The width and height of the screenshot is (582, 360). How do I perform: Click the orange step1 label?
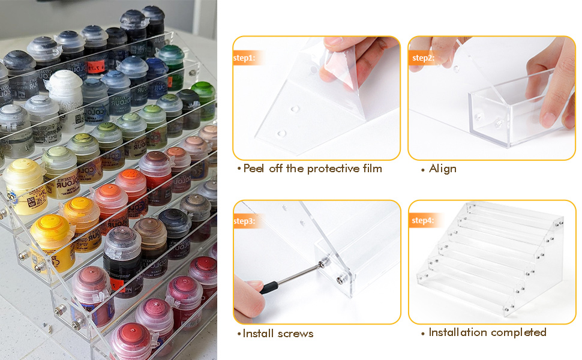[244, 58]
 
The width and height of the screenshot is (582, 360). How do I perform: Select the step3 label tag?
[244, 221]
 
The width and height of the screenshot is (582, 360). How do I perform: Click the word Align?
[443, 169]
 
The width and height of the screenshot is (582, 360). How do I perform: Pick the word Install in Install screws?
[258, 333]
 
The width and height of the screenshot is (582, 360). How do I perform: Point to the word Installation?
[457, 332]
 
